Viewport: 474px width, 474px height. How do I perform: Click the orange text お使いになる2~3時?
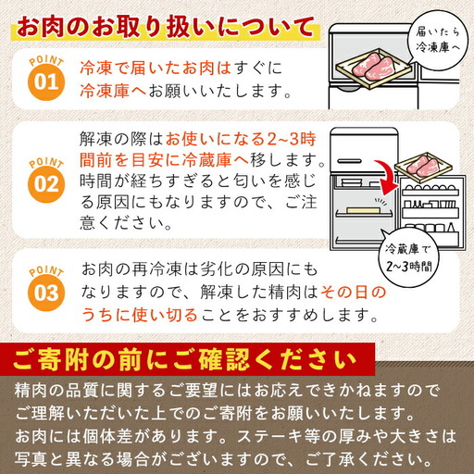(243, 136)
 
